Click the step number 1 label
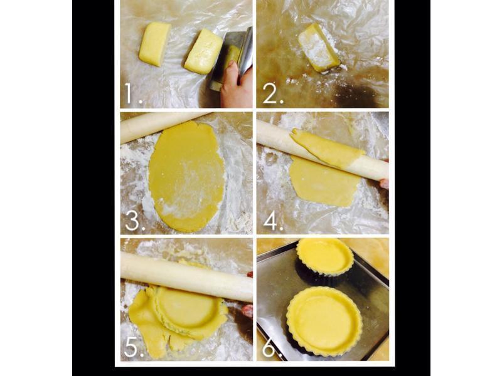pyautogui.click(x=132, y=93)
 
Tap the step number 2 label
pyautogui.click(x=273, y=93)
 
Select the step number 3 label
pyautogui.click(x=135, y=221)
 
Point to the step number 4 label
pyautogui.click(x=273, y=221)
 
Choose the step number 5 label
pyautogui.click(x=134, y=347)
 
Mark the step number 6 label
pyautogui.click(x=272, y=347)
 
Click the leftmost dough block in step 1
pyautogui.click(x=154, y=44)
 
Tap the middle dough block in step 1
pyautogui.click(x=203, y=51)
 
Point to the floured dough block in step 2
pyautogui.click(x=319, y=48)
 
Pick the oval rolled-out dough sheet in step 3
pyautogui.click(x=186, y=176)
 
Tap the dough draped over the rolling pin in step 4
pyautogui.click(x=326, y=148)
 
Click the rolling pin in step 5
pyautogui.click(x=186, y=277)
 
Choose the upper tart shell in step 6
pyautogui.click(x=324, y=256)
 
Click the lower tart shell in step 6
pyautogui.click(x=324, y=321)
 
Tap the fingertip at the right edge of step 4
pyautogui.click(x=385, y=184)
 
